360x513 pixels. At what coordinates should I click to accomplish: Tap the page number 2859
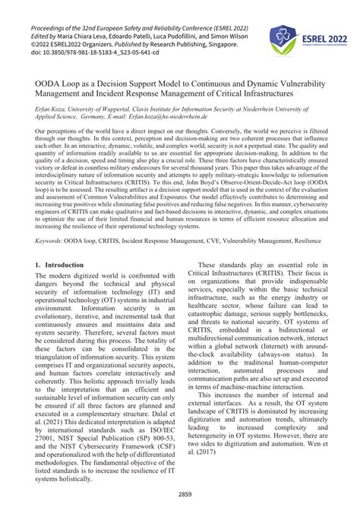click(180, 494)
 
